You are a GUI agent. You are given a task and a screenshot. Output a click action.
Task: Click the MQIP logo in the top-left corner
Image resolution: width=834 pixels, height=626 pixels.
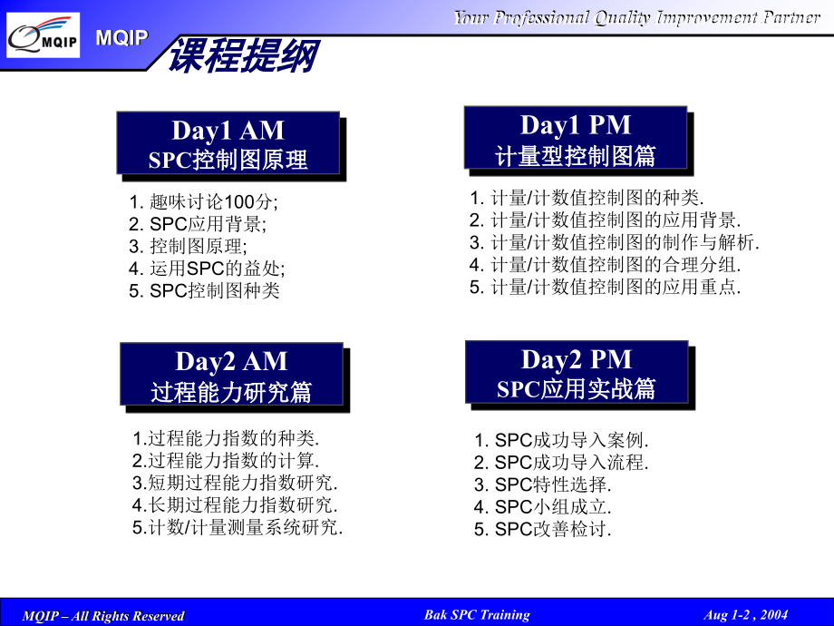(x=44, y=36)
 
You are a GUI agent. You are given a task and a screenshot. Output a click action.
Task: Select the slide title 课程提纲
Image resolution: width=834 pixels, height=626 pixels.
(x=243, y=56)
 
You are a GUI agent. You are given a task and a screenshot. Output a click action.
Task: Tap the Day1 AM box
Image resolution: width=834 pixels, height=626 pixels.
(x=228, y=143)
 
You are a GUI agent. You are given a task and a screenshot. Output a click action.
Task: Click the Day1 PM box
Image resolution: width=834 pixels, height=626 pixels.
(x=576, y=139)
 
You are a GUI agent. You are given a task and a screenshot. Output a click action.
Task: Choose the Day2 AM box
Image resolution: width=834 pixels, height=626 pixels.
(x=231, y=374)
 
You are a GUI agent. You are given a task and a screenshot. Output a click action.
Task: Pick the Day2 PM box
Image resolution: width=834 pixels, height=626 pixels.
(x=577, y=372)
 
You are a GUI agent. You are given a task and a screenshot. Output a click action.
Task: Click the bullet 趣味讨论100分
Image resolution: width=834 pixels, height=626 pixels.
(x=204, y=202)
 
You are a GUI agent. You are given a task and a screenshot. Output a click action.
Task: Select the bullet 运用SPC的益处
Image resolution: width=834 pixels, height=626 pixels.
(x=207, y=269)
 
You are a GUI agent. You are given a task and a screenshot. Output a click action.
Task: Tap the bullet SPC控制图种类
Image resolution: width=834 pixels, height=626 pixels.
(x=204, y=290)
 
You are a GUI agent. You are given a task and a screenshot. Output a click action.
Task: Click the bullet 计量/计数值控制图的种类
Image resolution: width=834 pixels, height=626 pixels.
(x=587, y=198)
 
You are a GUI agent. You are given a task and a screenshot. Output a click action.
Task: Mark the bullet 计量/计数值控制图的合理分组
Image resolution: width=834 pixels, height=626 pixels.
(x=605, y=265)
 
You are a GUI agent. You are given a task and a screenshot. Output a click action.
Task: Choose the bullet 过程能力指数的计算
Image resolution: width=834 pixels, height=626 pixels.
(x=226, y=461)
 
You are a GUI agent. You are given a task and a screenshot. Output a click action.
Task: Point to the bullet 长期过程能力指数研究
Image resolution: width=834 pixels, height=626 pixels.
(x=235, y=504)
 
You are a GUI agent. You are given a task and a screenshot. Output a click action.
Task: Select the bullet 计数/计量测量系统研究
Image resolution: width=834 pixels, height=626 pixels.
(x=238, y=527)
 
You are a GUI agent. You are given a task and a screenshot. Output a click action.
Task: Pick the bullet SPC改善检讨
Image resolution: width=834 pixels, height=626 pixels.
(x=543, y=530)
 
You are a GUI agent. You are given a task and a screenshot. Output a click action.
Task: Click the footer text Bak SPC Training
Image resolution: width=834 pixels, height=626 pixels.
(x=477, y=615)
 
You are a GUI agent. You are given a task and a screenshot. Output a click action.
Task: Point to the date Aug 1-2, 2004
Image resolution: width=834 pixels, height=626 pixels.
(x=745, y=615)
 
